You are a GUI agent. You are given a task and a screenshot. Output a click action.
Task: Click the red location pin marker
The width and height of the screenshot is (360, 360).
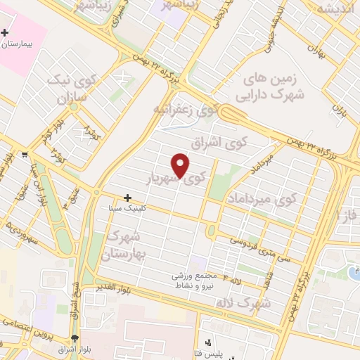pos(181,166)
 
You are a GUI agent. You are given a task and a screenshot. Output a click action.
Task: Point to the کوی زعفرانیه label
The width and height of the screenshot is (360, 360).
pos(184,110)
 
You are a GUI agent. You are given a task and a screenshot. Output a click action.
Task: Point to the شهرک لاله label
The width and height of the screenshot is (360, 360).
pos(253,303)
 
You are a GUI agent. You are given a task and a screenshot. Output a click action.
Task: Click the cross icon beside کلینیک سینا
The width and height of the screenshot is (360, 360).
pos(127,198)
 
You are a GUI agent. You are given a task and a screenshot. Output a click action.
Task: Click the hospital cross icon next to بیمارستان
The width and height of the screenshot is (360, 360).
pos(6,32)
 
